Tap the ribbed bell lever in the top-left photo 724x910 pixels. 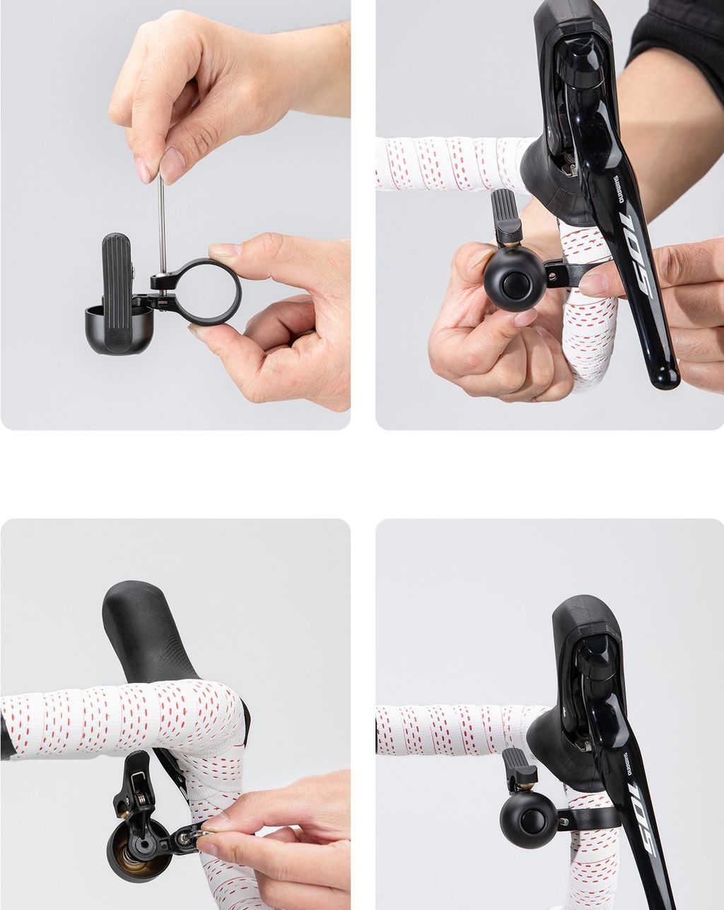[116, 292]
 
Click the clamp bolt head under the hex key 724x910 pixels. [160, 279]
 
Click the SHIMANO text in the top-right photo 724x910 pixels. [618, 189]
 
